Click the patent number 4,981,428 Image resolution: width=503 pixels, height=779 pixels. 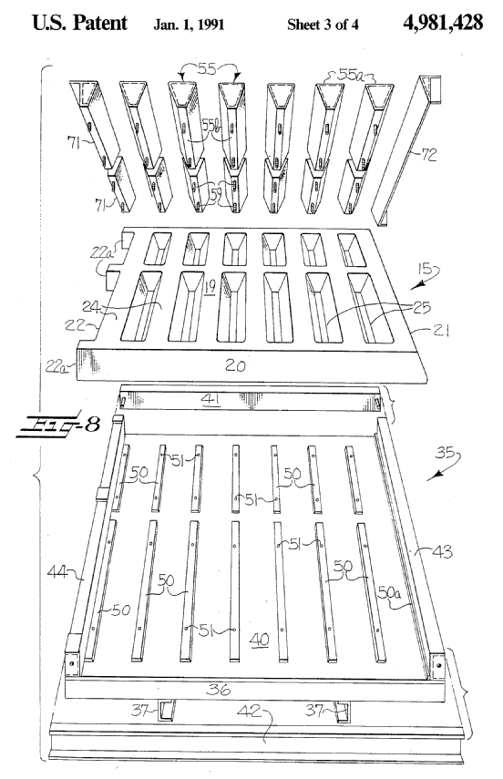click(x=443, y=23)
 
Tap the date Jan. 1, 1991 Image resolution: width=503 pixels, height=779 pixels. click(x=189, y=25)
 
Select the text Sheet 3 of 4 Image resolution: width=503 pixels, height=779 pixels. click(x=323, y=25)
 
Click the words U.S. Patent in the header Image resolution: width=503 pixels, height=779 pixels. click(x=79, y=23)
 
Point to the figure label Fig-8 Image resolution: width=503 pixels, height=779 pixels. click(x=58, y=425)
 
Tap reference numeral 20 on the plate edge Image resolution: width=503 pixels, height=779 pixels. click(x=235, y=365)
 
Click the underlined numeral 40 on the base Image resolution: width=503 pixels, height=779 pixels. click(x=260, y=640)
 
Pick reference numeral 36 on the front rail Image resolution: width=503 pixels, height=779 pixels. click(x=219, y=689)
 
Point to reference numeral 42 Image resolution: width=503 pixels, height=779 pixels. click(x=249, y=712)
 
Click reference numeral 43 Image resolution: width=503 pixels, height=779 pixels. click(x=443, y=551)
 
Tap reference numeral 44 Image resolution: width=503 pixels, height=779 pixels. click(x=57, y=572)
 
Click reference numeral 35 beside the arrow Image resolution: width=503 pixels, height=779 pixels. click(x=446, y=453)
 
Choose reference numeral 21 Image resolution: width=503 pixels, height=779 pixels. click(x=440, y=330)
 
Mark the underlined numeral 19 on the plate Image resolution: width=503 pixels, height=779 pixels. click(x=209, y=287)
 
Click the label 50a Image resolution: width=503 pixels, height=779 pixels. click(x=389, y=591)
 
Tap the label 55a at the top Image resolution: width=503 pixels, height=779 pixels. click(x=352, y=75)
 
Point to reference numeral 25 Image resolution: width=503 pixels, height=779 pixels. click(x=422, y=308)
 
